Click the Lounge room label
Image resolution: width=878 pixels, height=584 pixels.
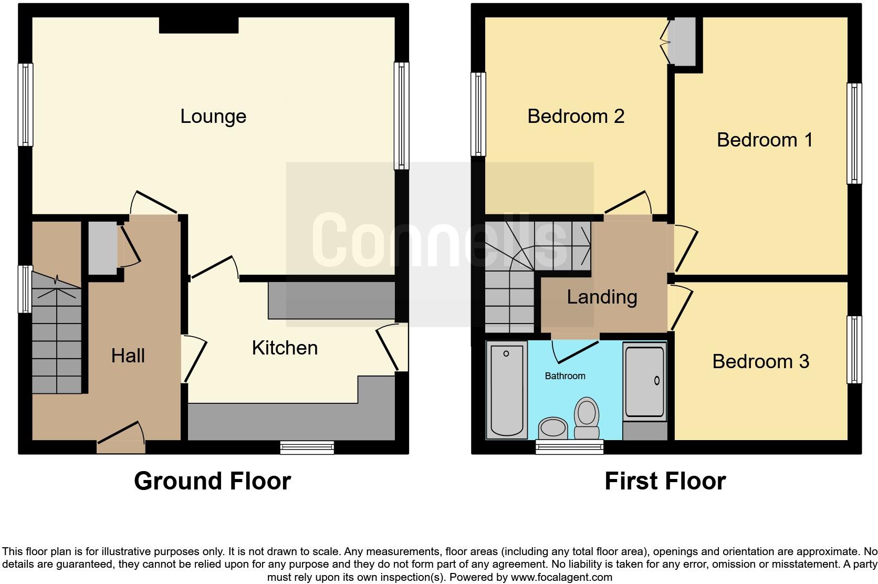click(x=213, y=116)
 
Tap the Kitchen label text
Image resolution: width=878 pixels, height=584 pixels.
click(x=285, y=348)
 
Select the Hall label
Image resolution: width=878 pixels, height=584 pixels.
click(x=128, y=356)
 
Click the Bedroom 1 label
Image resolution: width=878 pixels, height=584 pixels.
click(x=765, y=140)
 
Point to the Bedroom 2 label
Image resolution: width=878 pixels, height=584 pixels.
click(x=576, y=116)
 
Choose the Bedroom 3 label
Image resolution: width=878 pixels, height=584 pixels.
click(x=760, y=361)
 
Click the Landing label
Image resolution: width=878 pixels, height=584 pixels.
click(x=602, y=297)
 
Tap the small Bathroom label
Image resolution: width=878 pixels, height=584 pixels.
click(x=565, y=376)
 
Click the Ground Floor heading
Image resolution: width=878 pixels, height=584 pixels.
click(x=212, y=481)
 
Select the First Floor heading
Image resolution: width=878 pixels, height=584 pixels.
click(x=665, y=481)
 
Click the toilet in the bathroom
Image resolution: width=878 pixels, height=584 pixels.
click(x=587, y=418)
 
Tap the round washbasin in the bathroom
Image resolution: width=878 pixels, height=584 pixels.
click(x=553, y=427)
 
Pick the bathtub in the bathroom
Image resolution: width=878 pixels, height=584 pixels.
click(x=507, y=389)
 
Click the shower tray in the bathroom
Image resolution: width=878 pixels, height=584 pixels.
click(x=644, y=381)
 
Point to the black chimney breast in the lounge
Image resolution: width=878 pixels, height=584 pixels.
click(x=198, y=25)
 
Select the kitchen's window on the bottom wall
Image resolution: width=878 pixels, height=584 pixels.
click(x=307, y=447)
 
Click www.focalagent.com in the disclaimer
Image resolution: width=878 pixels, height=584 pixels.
click(x=561, y=577)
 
